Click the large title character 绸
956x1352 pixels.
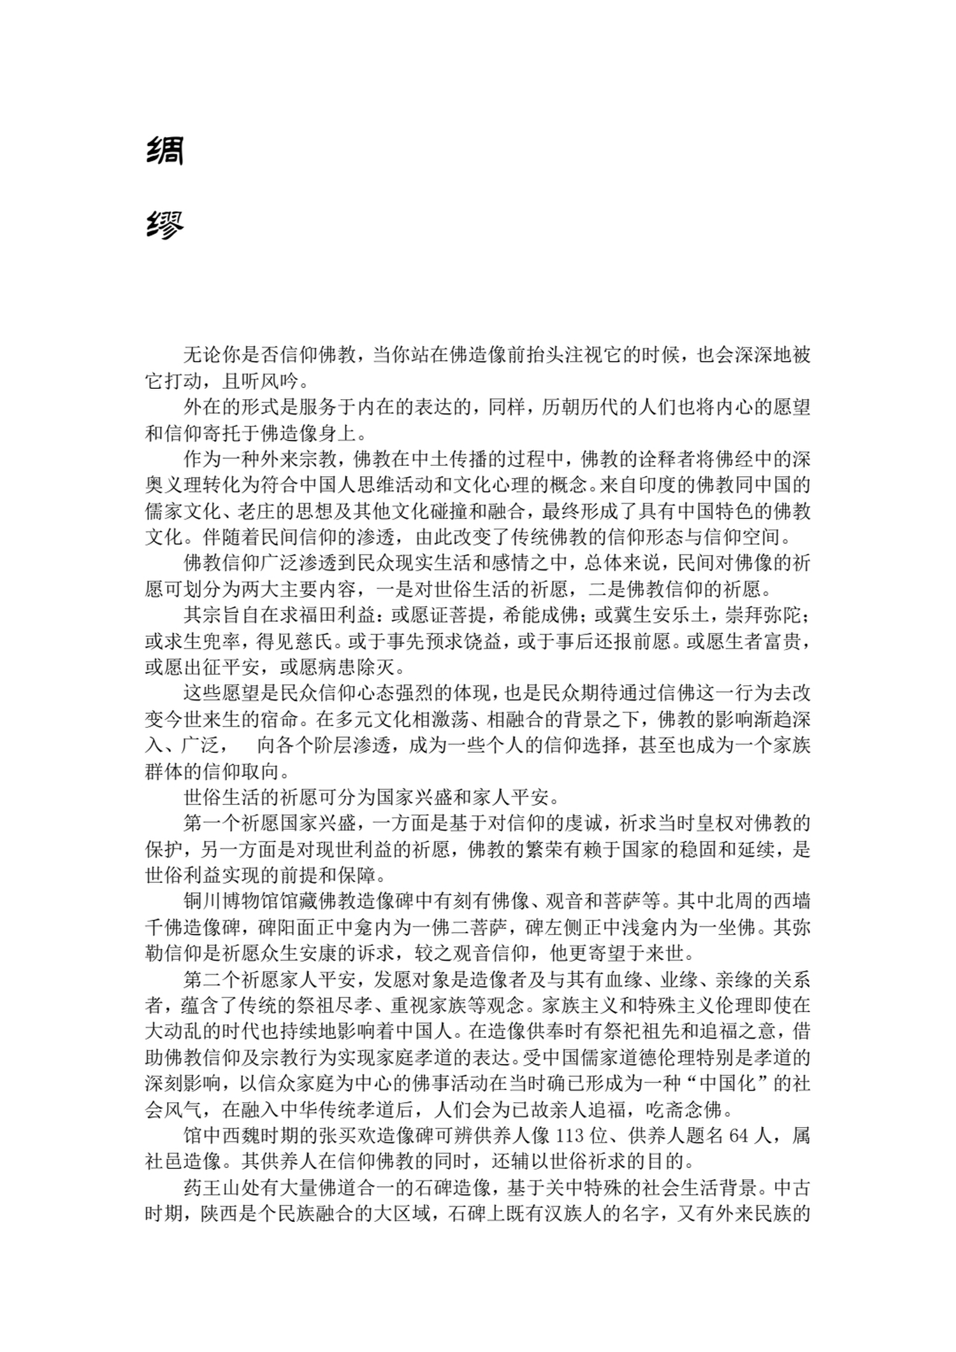point(164,151)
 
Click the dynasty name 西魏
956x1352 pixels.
point(241,1135)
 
